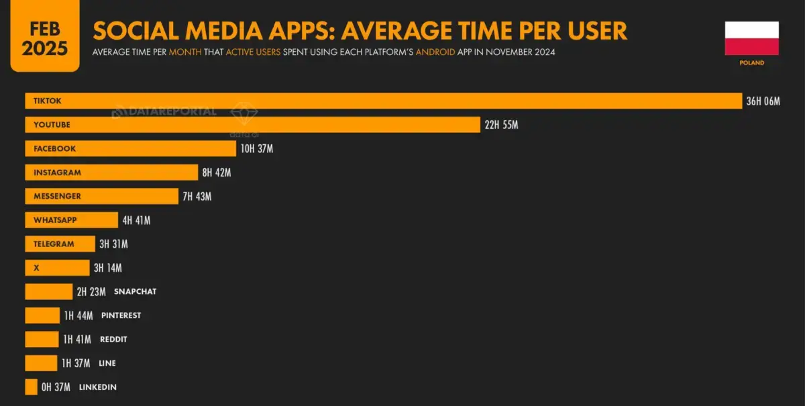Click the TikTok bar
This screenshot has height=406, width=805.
(382, 101)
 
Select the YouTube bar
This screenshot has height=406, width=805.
(252, 125)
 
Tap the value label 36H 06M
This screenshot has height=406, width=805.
(763, 101)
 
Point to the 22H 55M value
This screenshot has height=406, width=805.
(501, 125)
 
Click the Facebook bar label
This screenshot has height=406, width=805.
(55, 148)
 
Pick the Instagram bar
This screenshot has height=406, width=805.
(111, 172)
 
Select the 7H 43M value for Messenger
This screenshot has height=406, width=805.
(197, 197)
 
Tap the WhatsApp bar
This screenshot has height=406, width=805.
(71, 220)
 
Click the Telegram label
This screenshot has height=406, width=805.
(54, 244)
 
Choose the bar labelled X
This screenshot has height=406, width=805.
(57, 268)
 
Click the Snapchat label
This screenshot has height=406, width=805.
(135, 292)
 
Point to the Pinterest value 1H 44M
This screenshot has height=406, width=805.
(78, 315)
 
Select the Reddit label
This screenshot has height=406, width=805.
(113, 340)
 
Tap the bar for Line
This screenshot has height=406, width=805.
(41, 363)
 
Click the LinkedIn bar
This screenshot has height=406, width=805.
(31, 387)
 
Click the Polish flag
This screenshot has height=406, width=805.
(751, 38)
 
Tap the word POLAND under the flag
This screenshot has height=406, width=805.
(751, 63)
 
